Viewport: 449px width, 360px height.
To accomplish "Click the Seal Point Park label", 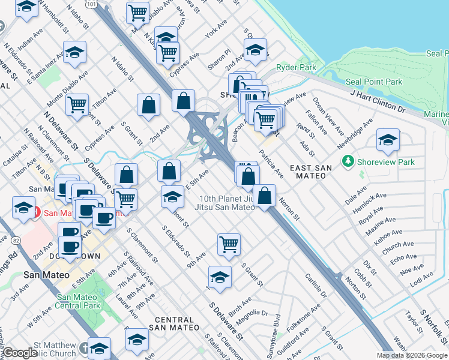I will tap(373, 82).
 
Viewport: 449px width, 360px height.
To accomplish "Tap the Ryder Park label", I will tap(296, 68).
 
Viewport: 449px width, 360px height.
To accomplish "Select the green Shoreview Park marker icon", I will tap(347, 161).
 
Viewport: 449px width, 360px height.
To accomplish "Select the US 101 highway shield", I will tap(91, 4).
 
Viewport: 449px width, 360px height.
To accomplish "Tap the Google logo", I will tap(19, 353).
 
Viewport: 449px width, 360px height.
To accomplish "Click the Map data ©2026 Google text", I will tap(411, 355).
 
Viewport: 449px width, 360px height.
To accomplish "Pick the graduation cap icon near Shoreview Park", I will tap(388, 140).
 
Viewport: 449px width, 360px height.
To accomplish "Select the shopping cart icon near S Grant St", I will tap(229, 244).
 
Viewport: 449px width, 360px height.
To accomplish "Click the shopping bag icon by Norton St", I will tap(264, 195).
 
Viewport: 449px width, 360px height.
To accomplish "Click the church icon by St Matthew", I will tap(99, 348).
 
